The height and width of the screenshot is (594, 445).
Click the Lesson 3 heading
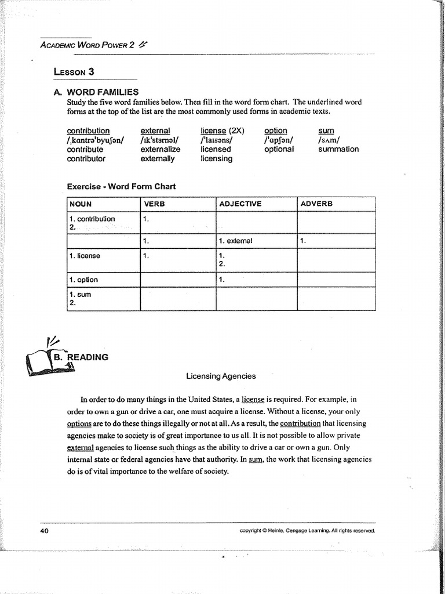74,72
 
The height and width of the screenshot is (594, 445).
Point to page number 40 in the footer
45,530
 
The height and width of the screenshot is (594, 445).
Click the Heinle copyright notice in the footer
307,530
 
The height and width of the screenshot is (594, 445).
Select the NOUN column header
81,204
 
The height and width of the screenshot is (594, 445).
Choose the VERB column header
154,204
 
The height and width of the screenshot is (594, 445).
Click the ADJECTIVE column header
240,204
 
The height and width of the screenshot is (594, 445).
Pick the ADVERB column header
316,204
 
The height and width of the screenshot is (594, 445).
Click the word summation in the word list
338,149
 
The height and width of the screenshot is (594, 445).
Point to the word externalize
161,149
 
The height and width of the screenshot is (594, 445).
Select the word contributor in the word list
86,158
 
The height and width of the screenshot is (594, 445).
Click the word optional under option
279,149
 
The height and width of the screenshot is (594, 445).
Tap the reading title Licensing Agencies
221,376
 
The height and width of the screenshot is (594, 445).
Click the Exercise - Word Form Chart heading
121,186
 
